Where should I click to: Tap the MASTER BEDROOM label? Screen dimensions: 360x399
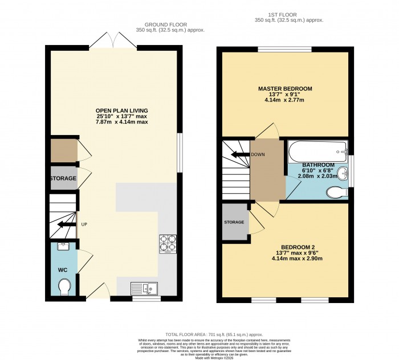[x=285, y=89]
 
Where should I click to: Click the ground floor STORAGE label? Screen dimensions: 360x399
[x=63, y=178]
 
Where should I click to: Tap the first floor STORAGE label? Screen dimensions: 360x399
[x=234, y=222]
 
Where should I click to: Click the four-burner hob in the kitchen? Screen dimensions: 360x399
[x=168, y=244]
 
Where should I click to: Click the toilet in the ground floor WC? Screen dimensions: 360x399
[x=64, y=285]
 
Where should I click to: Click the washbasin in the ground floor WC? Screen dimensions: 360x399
[x=63, y=247]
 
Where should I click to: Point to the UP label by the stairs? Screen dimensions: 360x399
[x=83, y=224]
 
